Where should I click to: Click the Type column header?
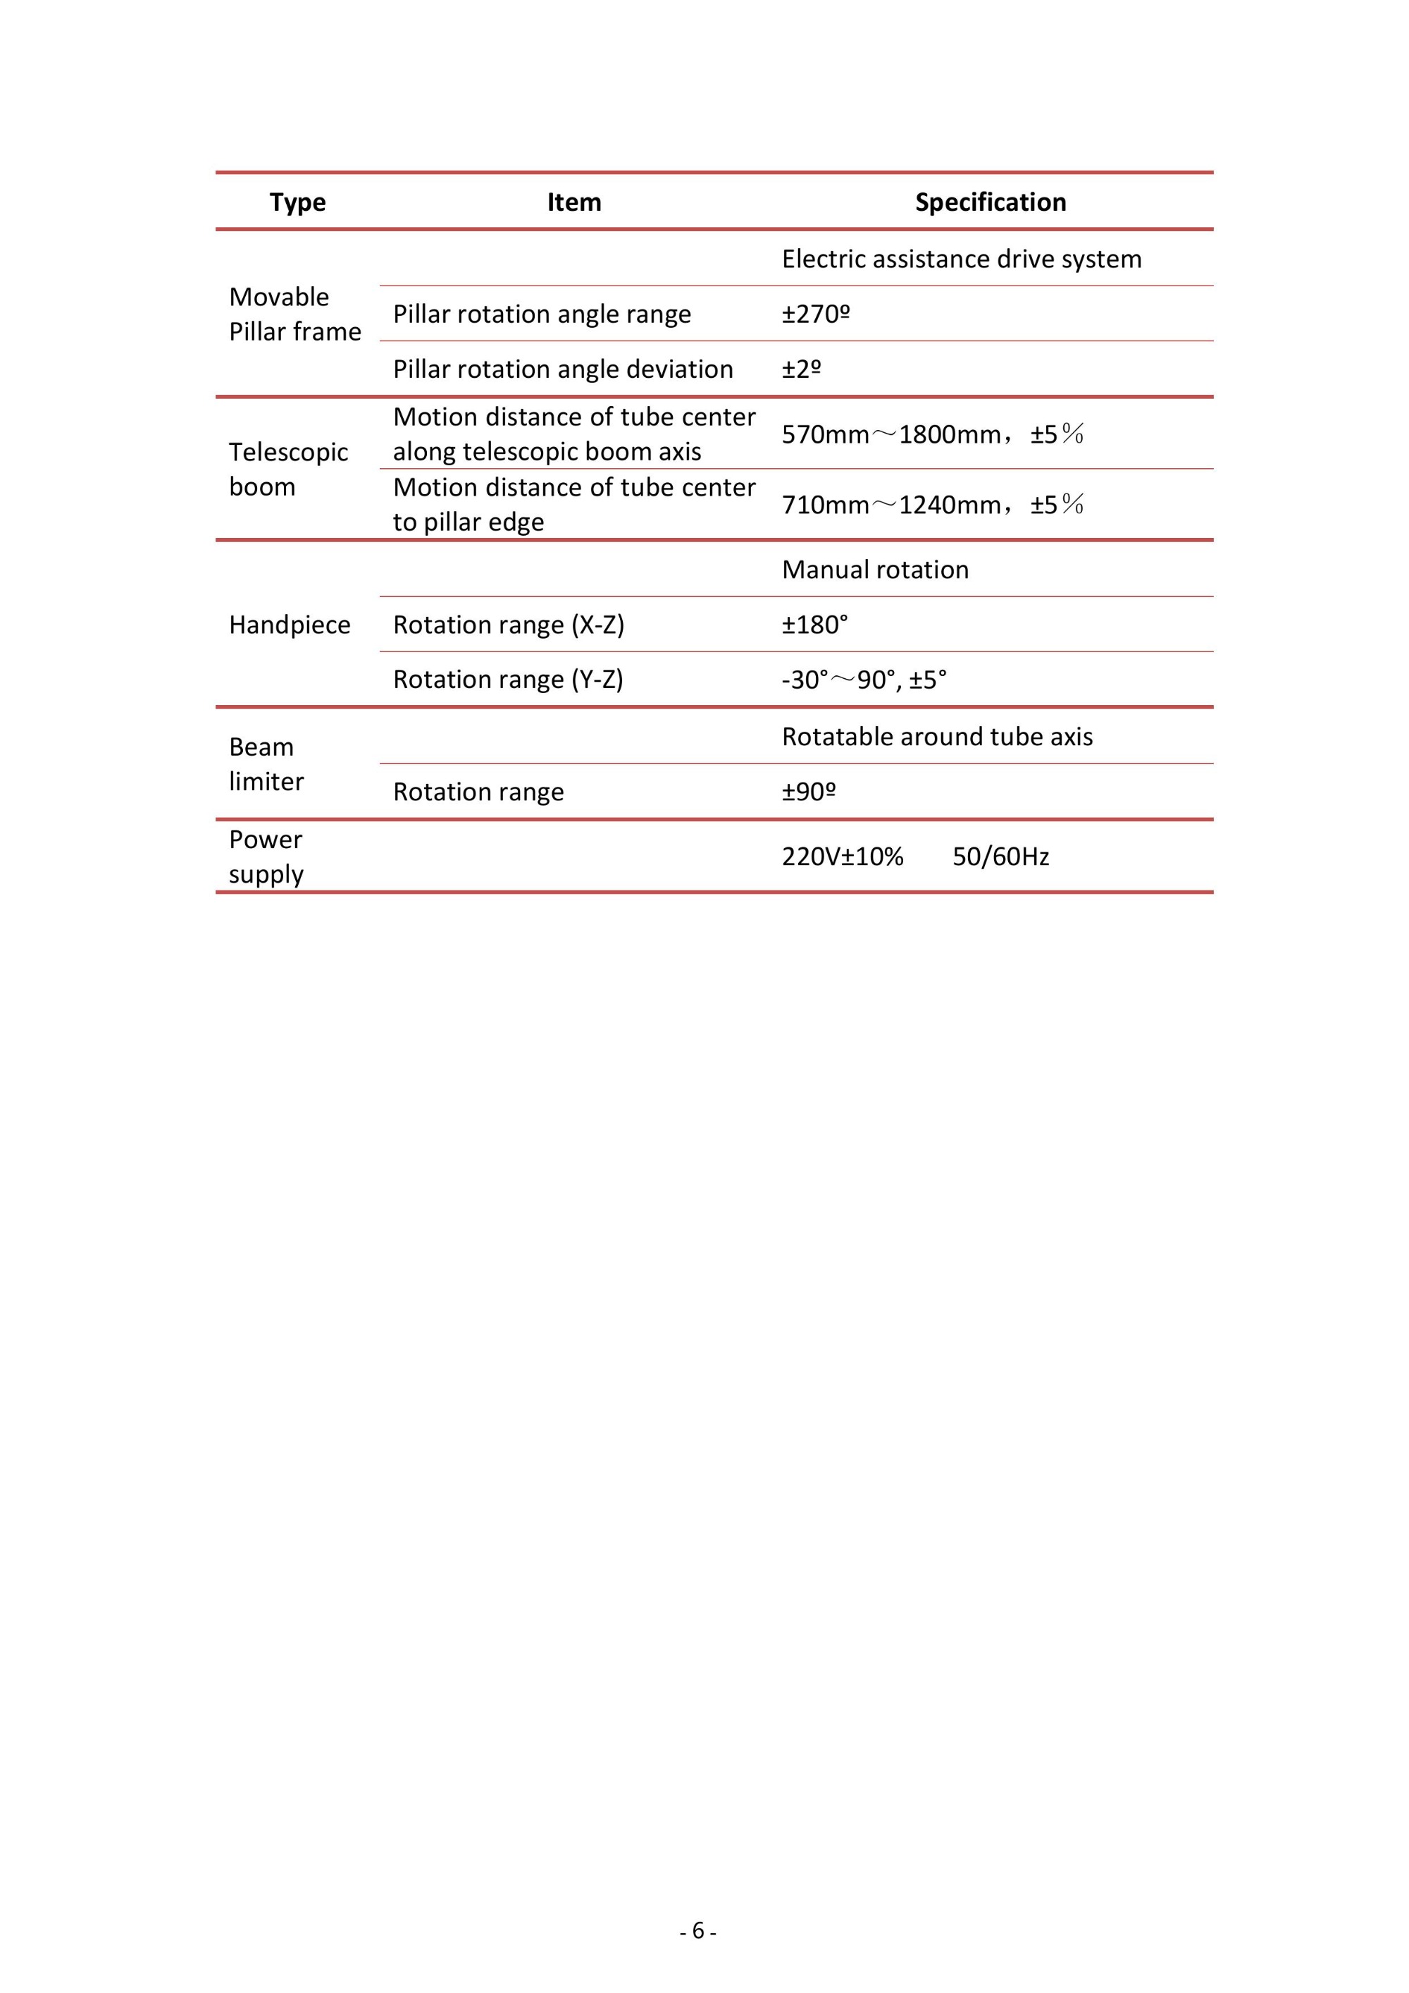(x=297, y=202)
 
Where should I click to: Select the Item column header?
(x=573, y=202)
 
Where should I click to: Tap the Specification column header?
(x=990, y=202)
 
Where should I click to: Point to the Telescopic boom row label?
(x=288, y=469)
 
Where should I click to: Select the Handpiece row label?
(x=289, y=625)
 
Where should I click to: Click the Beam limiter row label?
(x=266, y=764)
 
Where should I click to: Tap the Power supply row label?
(x=266, y=857)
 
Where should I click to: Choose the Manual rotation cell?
(x=874, y=570)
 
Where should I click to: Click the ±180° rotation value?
(x=814, y=625)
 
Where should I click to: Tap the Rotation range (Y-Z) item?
(x=507, y=680)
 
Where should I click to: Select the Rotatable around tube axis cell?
(x=936, y=737)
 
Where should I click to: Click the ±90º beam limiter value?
(x=808, y=792)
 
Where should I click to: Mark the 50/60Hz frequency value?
(x=1000, y=857)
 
